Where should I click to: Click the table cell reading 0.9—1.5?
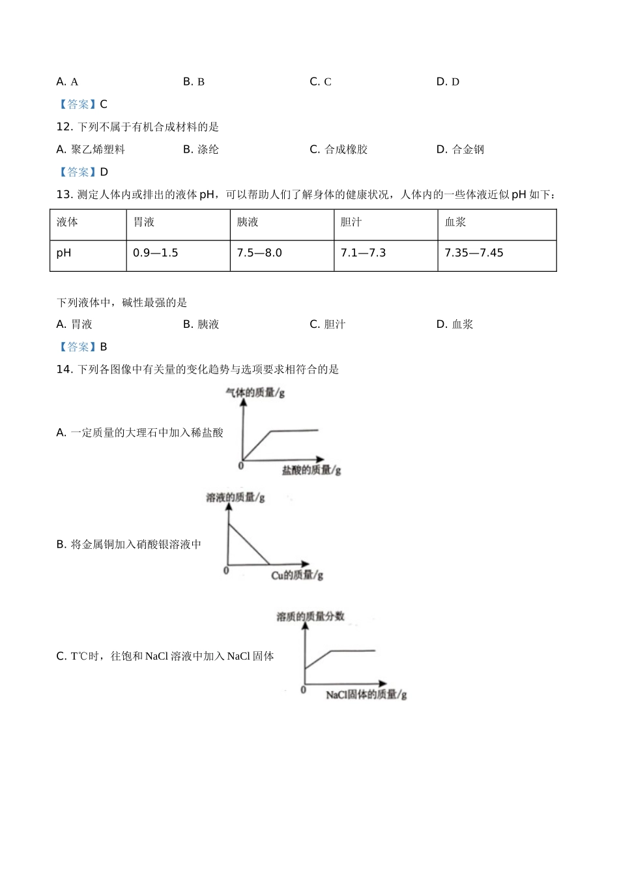(x=155, y=253)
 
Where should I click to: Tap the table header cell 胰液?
(x=248, y=222)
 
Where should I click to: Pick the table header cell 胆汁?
(x=351, y=222)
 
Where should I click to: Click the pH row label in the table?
(x=64, y=253)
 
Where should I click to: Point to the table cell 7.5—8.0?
(x=259, y=253)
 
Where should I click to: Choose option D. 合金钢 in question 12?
(x=460, y=150)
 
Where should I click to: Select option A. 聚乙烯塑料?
(x=91, y=150)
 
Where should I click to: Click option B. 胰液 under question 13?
(x=201, y=325)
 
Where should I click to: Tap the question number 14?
(x=64, y=370)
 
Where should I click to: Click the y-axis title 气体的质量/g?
(x=255, y=393)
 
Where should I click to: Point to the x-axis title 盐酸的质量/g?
(x=311, y=470)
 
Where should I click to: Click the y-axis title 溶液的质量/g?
(x=235, y=498)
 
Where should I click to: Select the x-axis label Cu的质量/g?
(x=297, y=575)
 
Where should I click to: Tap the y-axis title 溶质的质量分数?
(x=311, y=617)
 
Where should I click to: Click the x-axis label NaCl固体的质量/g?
(x=366, y=695)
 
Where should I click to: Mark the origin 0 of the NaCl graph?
(x=303, y=690)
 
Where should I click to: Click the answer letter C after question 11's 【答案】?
(x=104, y=104)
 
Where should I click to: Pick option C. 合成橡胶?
(x=339, y=150)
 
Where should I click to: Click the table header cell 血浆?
(x=455, y=222)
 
